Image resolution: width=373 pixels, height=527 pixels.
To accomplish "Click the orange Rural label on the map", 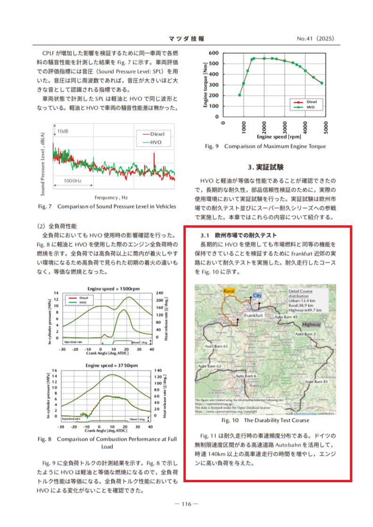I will tap(229, 291).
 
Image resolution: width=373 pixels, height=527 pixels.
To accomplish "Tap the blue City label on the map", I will tap(257, 295).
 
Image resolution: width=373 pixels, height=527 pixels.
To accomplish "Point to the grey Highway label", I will tap(312, 325).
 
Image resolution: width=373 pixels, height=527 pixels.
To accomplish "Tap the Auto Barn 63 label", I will tap(209, 366).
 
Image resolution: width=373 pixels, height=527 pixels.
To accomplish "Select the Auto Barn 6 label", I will tap(246, 376).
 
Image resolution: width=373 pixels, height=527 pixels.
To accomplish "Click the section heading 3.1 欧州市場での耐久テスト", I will tap(239, 235).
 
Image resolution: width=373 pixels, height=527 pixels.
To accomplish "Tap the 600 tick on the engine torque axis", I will tap(214, 53).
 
